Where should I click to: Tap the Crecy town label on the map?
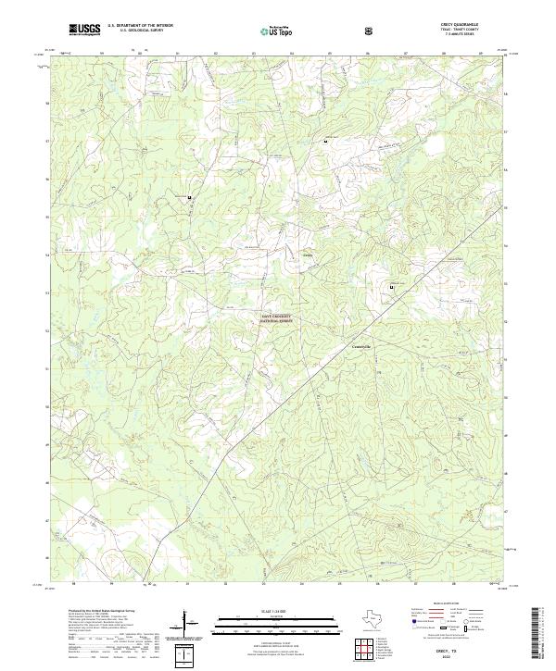click(308, 255)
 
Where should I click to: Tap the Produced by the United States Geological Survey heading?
click(102, 612)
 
